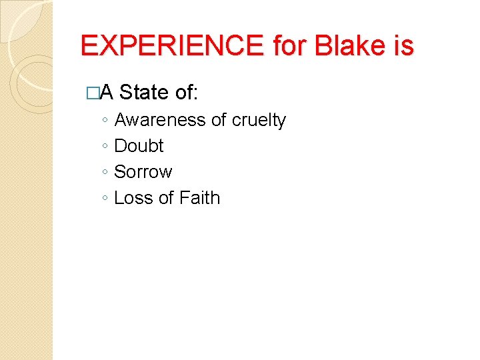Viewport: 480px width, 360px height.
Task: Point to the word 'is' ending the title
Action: [403, 46]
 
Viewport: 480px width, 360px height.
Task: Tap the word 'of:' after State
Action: [186, 93]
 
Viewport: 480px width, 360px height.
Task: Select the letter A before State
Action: [106, 93]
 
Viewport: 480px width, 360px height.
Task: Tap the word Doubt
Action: [139, 146]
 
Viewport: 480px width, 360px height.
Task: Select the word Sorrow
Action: [143, 172]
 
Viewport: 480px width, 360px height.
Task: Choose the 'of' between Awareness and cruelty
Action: [218, 120]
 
